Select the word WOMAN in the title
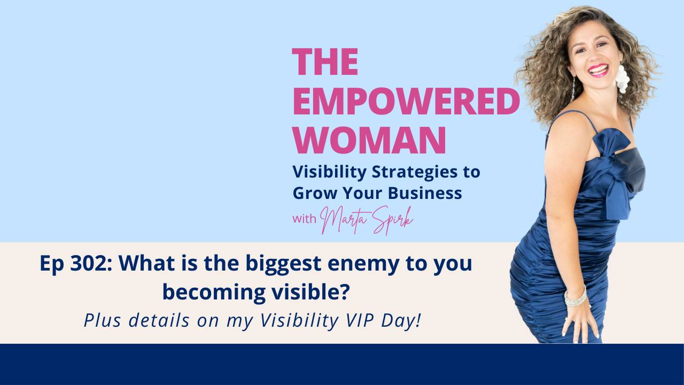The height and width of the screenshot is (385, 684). (369, 141)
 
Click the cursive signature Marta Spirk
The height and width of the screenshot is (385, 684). (366, 219)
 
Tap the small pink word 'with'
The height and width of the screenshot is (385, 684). (305, 218)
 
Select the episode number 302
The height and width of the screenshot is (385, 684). (80, 265)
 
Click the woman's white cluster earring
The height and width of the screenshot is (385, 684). (622, 79)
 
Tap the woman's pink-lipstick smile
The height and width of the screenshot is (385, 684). (598, 70)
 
